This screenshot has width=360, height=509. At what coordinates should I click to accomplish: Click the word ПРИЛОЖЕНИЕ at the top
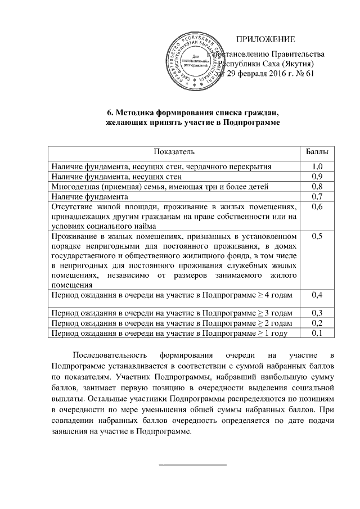click(x=265, y=39)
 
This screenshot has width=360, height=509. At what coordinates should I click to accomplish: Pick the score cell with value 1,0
click(x=317, y=166)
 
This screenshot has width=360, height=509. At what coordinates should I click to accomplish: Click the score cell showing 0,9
click(x=317, y=177)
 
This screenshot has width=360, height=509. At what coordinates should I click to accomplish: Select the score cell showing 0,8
click(x=317, y=187)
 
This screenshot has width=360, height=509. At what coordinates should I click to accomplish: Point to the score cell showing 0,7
click(x=317, y=197)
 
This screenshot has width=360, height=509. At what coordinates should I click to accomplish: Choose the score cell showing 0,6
click(x=317, y=207)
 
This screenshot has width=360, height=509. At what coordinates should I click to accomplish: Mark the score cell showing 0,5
click(x=317, y=236)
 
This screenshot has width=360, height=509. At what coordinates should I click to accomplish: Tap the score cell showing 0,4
click(x=317, y=295)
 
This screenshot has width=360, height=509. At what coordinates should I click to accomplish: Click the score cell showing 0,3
click(x=317, y=313)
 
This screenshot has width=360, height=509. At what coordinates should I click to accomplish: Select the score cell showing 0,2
click(x=317, y=323)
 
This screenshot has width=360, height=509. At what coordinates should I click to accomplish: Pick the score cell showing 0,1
click(x=317, y=333)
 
